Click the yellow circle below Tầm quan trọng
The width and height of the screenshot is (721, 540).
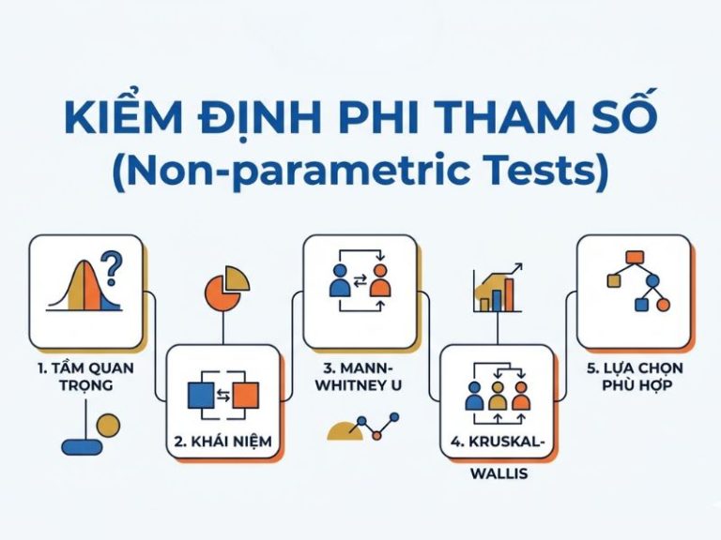point(109,426)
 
